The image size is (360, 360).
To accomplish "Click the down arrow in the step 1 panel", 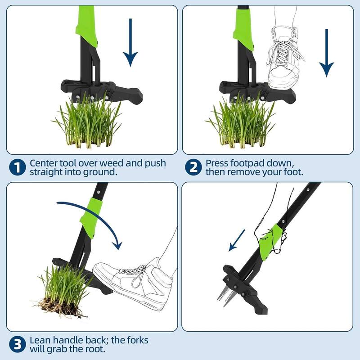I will [130, 42].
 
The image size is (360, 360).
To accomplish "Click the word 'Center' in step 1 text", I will [44, 163].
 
